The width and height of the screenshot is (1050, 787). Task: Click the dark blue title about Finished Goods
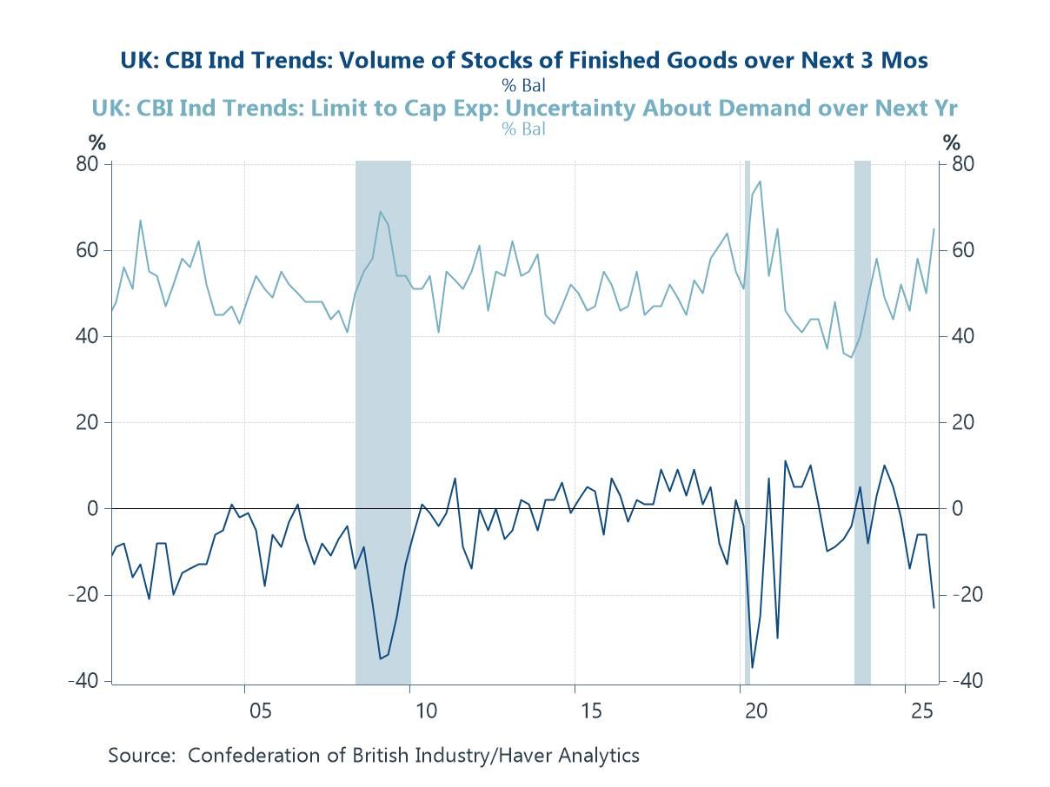pos(524,60)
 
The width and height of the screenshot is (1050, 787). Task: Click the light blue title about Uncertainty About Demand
pos(524,108)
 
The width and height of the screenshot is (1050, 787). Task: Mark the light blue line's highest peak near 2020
pos(760,182)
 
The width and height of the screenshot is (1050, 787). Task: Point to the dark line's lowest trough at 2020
pos(752,667)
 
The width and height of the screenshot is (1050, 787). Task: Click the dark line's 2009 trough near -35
pos(380,658)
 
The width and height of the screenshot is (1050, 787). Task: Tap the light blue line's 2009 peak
pos(380,212)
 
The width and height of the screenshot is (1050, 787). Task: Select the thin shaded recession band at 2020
pos(747,417)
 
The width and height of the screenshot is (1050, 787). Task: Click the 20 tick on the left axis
pos(90,423)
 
